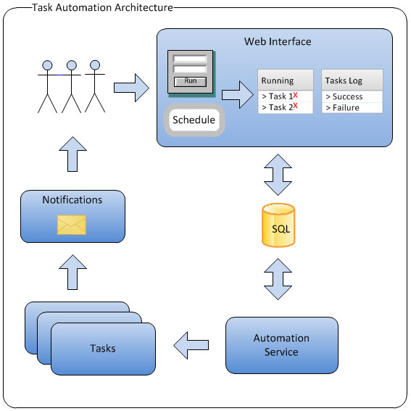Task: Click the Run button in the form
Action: pyautogui.click(x=191, y=81)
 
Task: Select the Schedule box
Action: pyautogui.click(x=194, y=120)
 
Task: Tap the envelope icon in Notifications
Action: pyautogui.click(x=72, y=225)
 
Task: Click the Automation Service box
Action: pyautogui.click(x=281, y=344)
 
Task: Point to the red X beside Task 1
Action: pyautogui.click(x=296, y=95)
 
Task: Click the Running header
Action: pyautogui.click(x=278, y=80)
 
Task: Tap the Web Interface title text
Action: pyautogui.click(x=277, y=41)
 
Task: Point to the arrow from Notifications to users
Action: pyautogui.click(x=72, y=156)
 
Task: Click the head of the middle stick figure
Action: pyautogui.click(x=72, y=66)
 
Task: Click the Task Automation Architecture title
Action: pyautogui.click(x=103, y=8)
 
